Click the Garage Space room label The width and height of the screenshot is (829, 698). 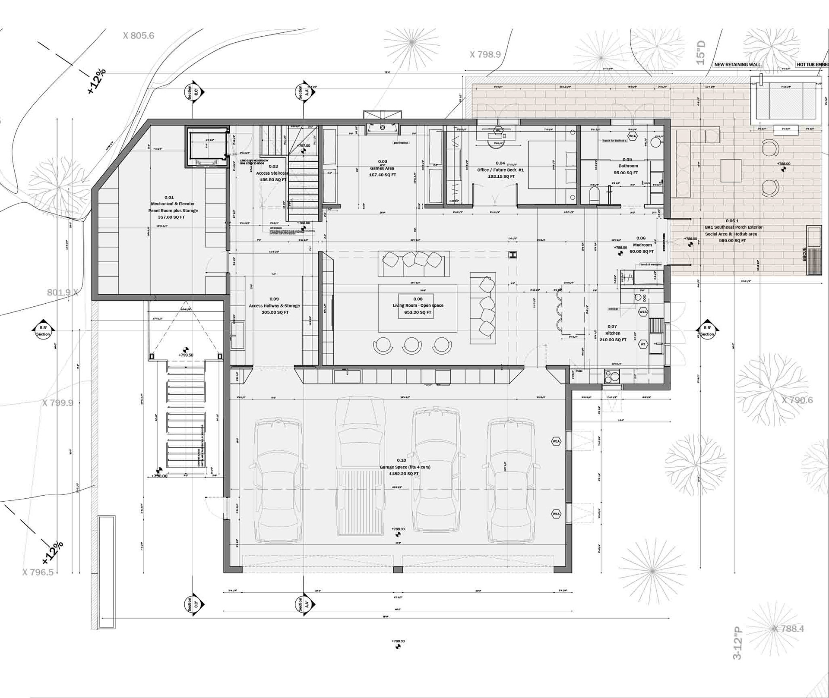(x=405, y=467)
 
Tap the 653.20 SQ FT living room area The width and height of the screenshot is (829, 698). (x=418, y=312)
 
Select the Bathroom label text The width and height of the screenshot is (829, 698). (x=628, y=166)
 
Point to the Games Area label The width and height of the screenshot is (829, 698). (x=382, y=169)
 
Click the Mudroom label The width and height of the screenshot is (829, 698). (x=641, y=245)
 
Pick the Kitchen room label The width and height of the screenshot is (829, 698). (x=613, y=333)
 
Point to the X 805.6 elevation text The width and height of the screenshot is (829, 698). (x=138, y=36)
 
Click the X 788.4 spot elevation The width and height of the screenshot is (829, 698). (x=788, y=629)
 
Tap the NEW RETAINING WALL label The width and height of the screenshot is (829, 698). (x=737, y=65)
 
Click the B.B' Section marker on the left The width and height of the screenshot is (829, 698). (x=43, y=331)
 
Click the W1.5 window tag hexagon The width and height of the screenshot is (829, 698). (x=643, y=312)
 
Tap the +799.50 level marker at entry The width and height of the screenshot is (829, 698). (x=186, y=355)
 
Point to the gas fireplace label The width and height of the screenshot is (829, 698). (x=400, y=143)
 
